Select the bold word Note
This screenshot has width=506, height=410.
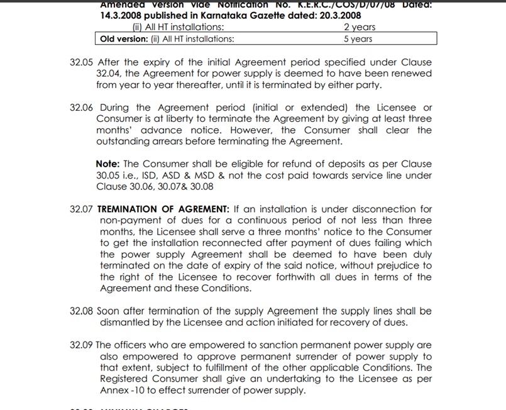tap(108, 164)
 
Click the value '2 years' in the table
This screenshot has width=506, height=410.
tap(360, 27)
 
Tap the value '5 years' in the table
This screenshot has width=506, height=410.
tap(358, 39)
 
